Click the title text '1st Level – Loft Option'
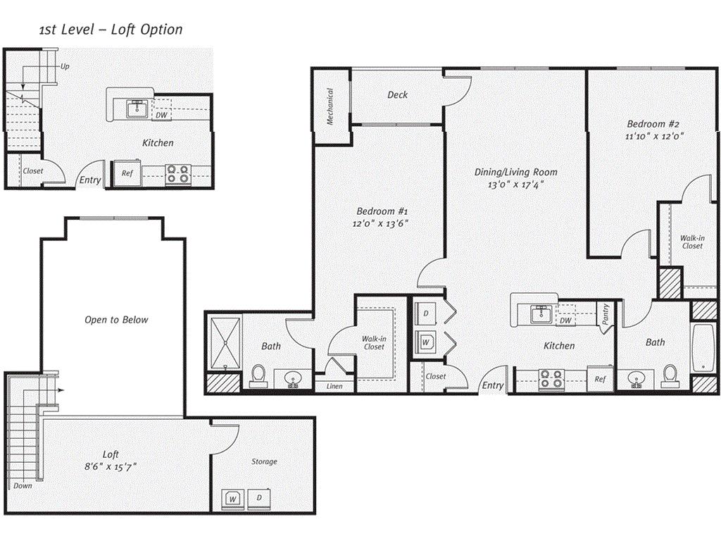[x=111, y=30]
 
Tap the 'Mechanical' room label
[x=330, y=106]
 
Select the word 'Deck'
[x=397, y=95]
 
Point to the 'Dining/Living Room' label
[x=515, y=172]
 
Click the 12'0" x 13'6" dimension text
[x=381, y=223]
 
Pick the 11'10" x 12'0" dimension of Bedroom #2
[x=656, y=135]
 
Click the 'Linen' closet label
[x=335, y=386]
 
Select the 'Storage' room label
[x=265, y=462]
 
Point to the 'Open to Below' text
[x=117, y=320]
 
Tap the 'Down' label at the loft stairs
[x=23, y=486]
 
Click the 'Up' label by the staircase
[x=65, y=67]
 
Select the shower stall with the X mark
[x=225, y=343]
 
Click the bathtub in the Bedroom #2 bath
[x=704, y=349]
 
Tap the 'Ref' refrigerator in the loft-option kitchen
[x=127, y=173]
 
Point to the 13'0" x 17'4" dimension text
[x=515, y=185]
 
